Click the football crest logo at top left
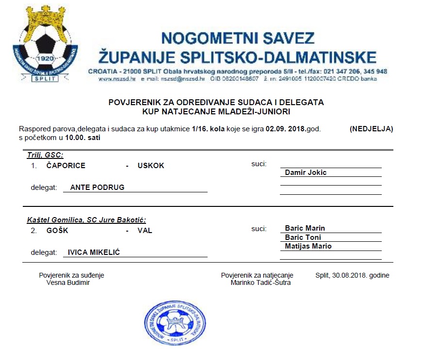click(x=46, y=46)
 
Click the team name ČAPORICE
click(x=65, y=166)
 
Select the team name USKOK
click(x=151, y=166)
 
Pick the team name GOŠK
click(x=57, y=231)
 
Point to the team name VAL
click(x=145, y=231)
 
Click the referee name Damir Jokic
click(x=306, y=172)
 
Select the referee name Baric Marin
click(x=305, y=228)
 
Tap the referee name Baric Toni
click(x=303, y=237)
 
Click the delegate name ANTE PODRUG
click(x=97, y=188)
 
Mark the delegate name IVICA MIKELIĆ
click(x=94, y=252)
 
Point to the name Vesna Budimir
click(x=67, y=283)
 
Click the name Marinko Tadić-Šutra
click(x=261, y=283)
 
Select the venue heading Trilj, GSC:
click(x=45, y=155)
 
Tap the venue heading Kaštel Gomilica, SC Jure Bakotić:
click(x=86, y=220)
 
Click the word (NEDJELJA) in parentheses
click(x=371, y=129)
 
